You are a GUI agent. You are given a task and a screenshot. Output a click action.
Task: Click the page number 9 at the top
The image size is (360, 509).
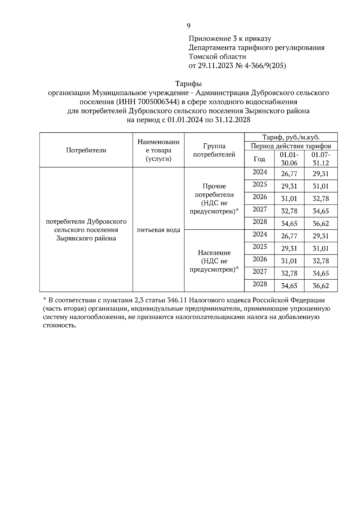[188, 26]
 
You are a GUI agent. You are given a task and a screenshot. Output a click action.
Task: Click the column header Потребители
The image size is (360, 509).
[86, 150]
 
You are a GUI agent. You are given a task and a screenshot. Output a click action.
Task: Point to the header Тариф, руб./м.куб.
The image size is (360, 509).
[291, 137]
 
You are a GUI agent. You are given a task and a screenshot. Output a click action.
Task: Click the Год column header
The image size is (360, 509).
[259, 159]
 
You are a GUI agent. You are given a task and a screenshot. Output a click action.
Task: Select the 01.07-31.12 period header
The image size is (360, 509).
[321, 159]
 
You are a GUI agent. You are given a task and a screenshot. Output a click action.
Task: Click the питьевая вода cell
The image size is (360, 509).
[158, 230]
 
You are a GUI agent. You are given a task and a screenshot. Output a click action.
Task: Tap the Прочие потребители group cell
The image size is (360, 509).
[214, 198]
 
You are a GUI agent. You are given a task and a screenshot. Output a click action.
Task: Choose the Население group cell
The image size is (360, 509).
[214, 261]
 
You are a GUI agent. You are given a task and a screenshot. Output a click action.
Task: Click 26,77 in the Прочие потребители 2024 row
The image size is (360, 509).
[289, 174]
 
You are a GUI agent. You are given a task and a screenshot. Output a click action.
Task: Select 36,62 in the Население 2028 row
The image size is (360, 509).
[321, 286]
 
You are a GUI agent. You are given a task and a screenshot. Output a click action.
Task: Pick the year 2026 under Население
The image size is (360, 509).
[259, 259]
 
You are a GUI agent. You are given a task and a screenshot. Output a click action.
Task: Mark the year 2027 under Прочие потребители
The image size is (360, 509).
[259, 209]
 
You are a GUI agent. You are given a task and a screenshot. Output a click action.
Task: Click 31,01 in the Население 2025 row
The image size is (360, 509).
[321, 249]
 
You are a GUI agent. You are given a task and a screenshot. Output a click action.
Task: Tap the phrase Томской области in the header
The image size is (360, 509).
[217, 57]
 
